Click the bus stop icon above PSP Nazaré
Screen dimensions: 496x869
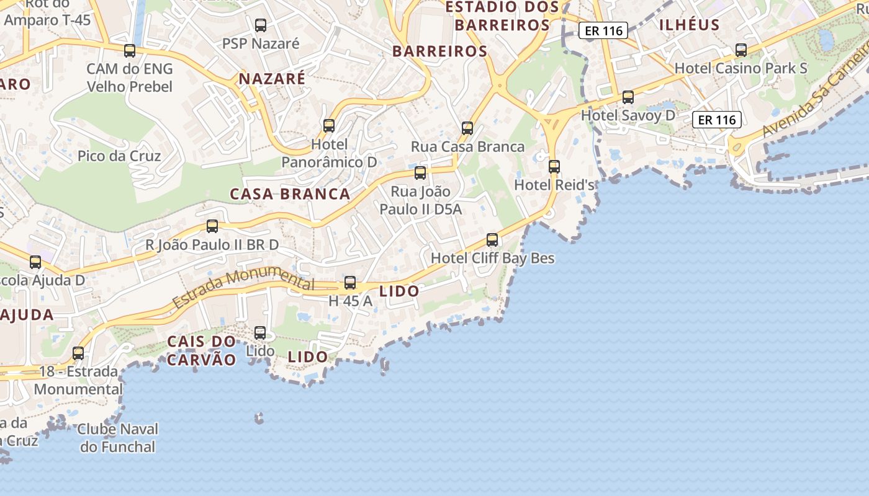261,25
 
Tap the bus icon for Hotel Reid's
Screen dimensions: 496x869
554,167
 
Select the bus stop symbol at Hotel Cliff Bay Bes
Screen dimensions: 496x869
492,239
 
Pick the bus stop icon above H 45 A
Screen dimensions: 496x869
350,283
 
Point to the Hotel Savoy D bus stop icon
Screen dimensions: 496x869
628,97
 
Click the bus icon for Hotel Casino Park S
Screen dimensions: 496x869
741,50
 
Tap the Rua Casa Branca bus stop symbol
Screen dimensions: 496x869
467,128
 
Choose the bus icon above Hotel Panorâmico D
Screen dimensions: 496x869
329,126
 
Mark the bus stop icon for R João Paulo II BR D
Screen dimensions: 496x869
212,226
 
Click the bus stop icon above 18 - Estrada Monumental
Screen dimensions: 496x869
78,353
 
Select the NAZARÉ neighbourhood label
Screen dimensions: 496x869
272,79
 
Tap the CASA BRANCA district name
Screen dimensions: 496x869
290,194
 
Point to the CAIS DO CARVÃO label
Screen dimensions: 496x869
202,350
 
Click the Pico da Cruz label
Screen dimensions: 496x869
119,156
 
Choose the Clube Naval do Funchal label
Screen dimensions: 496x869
118,438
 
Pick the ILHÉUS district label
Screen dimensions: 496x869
689,25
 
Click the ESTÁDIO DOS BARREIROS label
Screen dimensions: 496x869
503,16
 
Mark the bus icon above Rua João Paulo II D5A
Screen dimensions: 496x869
420,173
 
